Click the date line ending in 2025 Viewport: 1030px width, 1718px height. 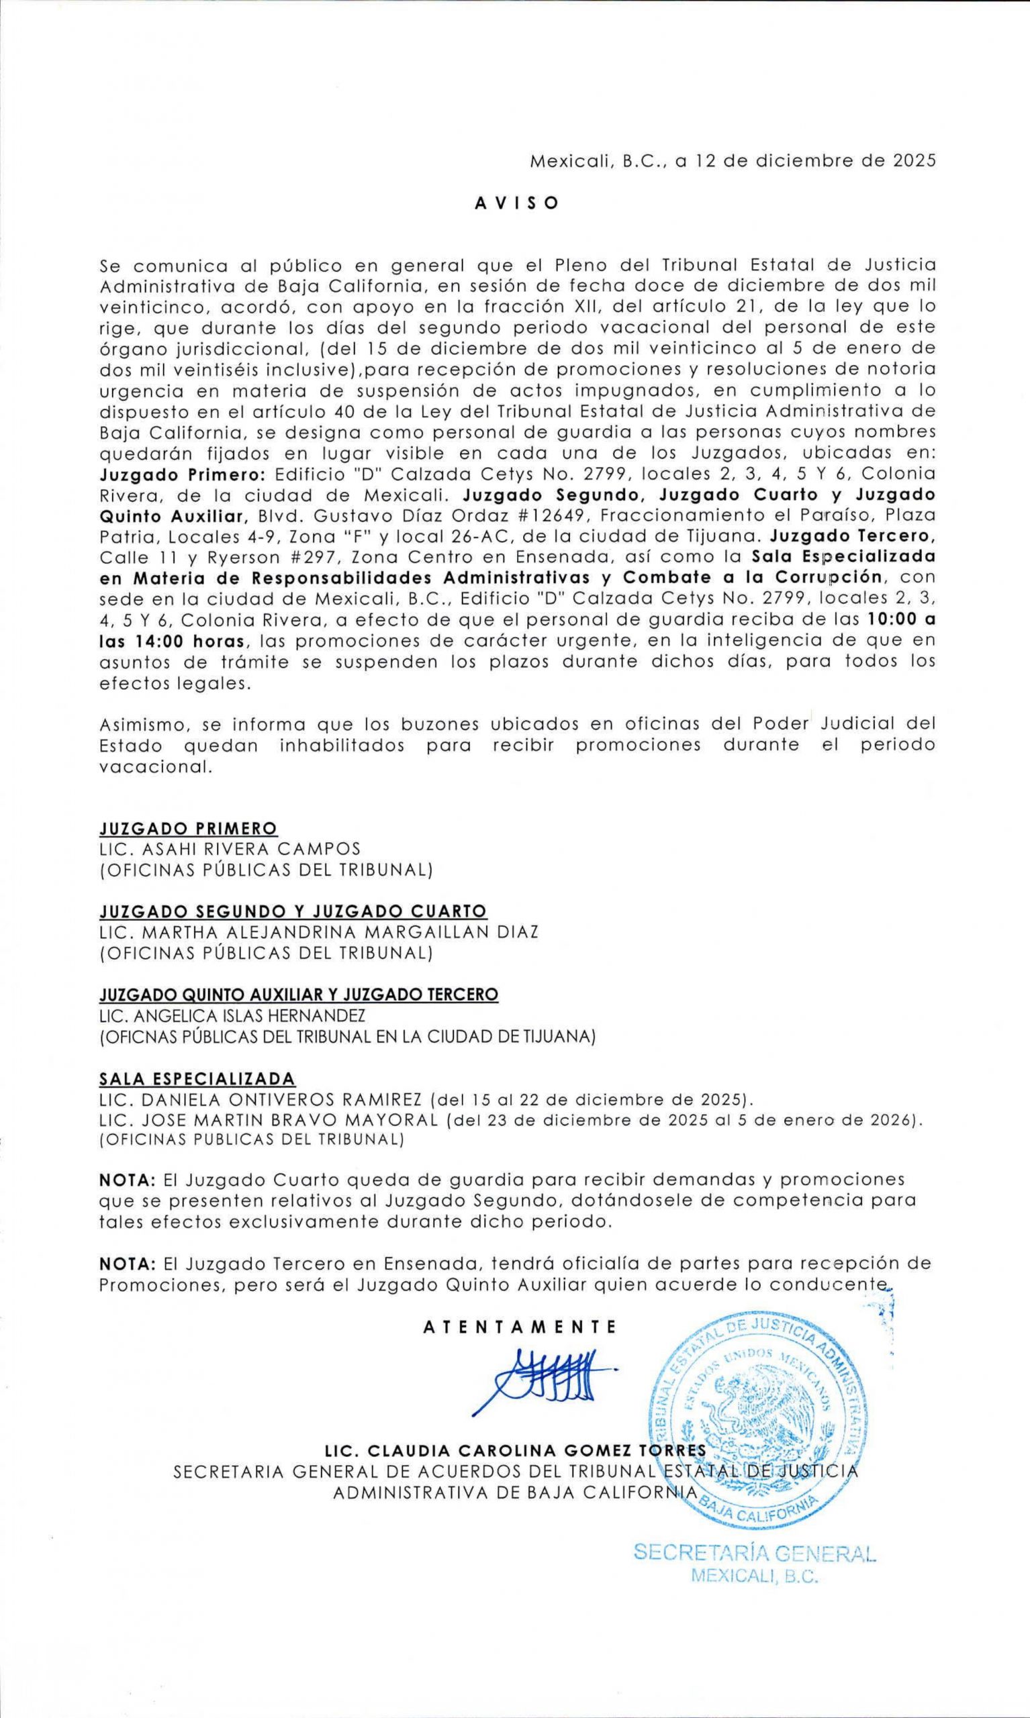(733, 161)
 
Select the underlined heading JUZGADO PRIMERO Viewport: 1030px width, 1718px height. (188, 829)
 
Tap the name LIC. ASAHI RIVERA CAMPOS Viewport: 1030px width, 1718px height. (230, 849)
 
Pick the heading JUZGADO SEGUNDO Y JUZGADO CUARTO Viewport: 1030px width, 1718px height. (293, 911)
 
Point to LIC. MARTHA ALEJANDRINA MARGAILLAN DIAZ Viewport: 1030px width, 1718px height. (318, 932)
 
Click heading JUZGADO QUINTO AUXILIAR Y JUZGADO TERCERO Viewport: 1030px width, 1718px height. (298, 995)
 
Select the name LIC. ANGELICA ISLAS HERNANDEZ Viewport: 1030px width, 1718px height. (232, 1015)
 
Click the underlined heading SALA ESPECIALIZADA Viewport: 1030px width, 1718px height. (197, 1078)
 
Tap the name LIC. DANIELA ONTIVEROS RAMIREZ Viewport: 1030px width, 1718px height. (261, 1099)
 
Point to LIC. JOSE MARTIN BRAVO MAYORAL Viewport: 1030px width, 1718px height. (269, 1119)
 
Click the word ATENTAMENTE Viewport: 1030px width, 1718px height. (520, 1327)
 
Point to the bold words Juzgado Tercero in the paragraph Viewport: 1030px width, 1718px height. (853, 536)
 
